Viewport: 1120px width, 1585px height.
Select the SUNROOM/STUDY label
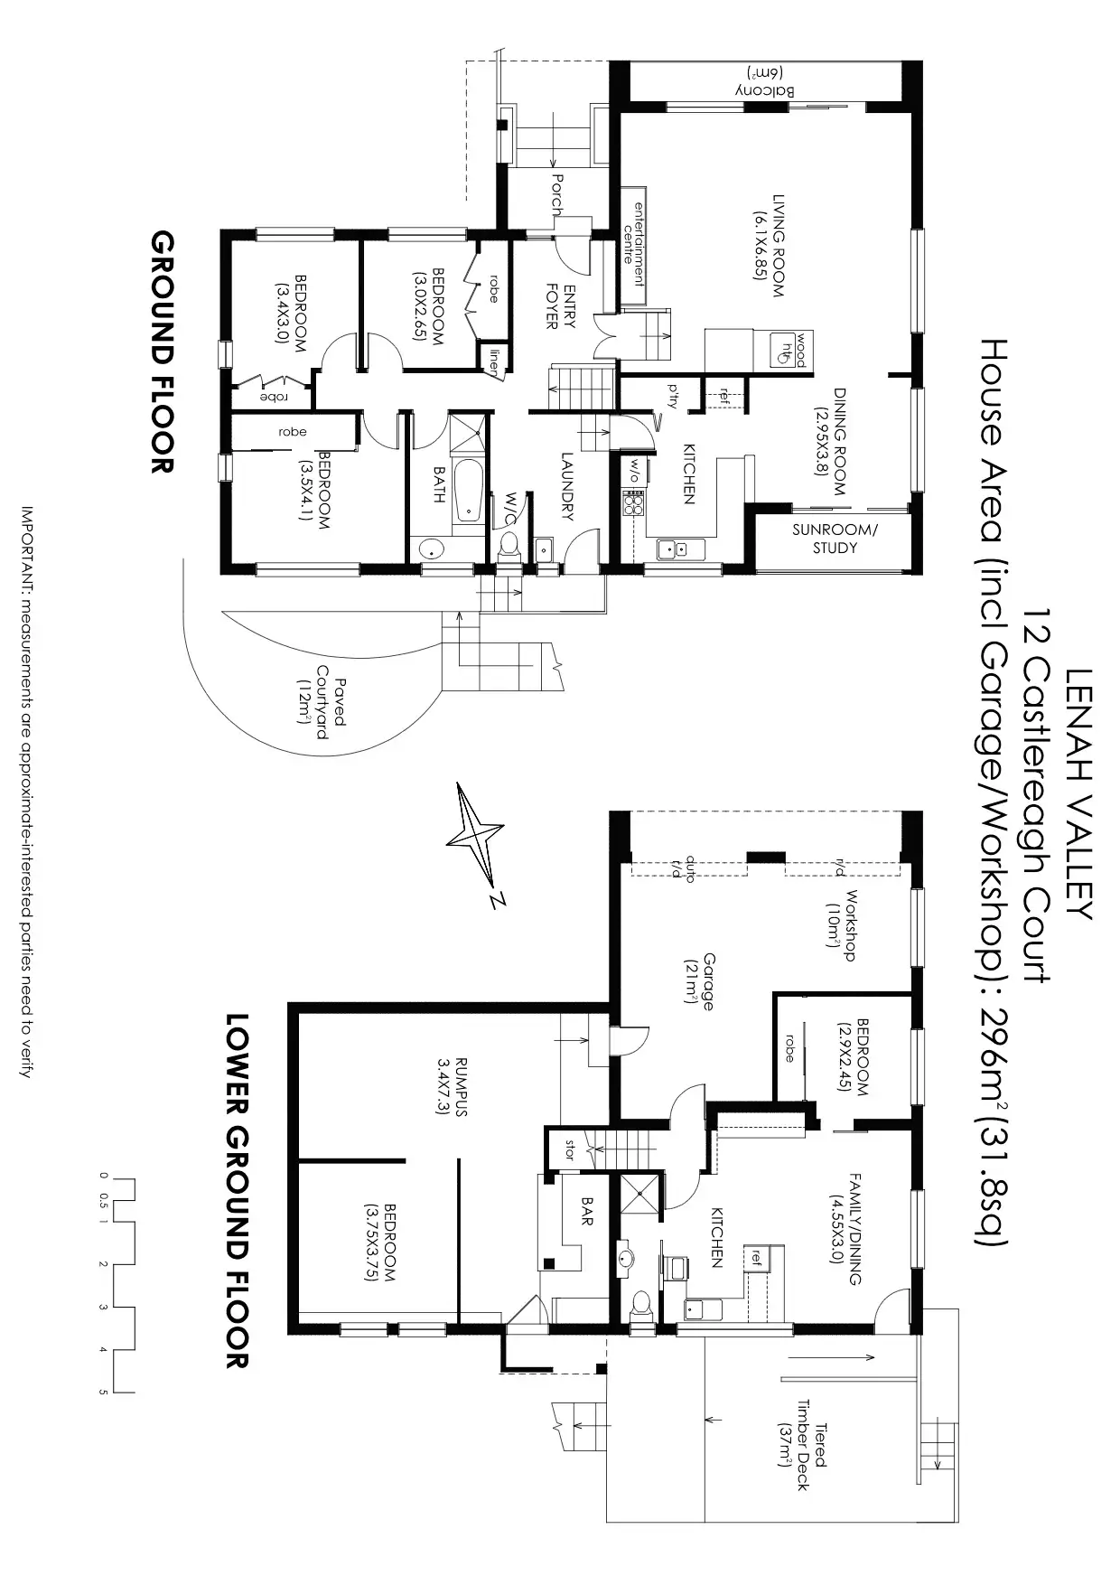835,539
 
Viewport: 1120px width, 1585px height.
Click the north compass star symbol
474,835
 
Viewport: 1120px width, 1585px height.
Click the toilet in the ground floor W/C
509,544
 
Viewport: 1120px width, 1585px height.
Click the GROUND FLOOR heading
163,352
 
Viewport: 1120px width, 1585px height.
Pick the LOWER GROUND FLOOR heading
236,1189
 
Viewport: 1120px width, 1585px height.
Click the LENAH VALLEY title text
1080,793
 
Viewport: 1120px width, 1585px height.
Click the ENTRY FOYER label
561,306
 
